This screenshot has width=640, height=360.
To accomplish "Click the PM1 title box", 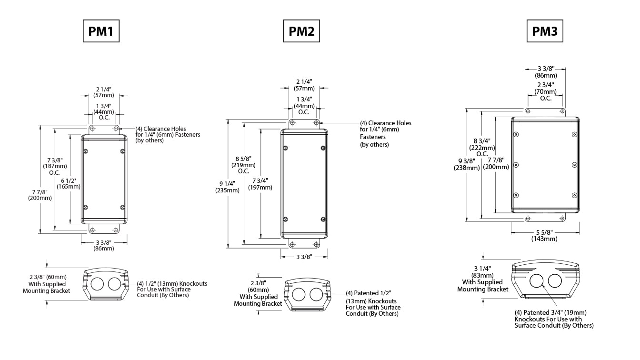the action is tap(101, 31).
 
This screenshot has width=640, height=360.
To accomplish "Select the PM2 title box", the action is tap(301, 31).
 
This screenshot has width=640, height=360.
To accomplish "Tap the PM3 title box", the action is tap(545, 31).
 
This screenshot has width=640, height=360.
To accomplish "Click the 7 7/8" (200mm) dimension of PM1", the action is tap(40, 195).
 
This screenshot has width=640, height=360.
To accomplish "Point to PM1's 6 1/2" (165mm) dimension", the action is tap(69, 183).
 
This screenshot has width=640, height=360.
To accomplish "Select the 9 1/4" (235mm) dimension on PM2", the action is tap(228, 187).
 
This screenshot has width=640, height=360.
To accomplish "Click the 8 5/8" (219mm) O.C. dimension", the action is tap(243, 165).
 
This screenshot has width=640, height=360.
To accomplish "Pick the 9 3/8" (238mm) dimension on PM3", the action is tap(467, 164).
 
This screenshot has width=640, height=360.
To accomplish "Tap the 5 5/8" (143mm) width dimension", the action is tap(544, 235).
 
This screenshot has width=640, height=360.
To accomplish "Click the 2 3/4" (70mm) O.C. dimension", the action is tap(545, 91).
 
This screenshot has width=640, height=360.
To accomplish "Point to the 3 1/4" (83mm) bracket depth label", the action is tap(482, 279).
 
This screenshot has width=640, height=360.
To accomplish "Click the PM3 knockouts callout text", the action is tap(554, 319).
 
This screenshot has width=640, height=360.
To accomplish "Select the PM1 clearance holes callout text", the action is tap(168, 135).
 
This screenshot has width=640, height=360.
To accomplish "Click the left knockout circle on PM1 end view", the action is tap(97, 284).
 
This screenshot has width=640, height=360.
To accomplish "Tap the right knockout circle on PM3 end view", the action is tap(555, 281).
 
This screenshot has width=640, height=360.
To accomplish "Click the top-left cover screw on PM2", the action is tap(285, 148).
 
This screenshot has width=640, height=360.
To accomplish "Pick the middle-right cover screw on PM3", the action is tap(575, 165).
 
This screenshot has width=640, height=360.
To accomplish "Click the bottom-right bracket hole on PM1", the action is tap(116, 230).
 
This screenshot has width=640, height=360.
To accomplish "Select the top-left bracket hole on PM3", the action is tap(528, 111).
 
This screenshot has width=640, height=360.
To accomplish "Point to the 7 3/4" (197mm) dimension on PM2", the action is tap(260, 184).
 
